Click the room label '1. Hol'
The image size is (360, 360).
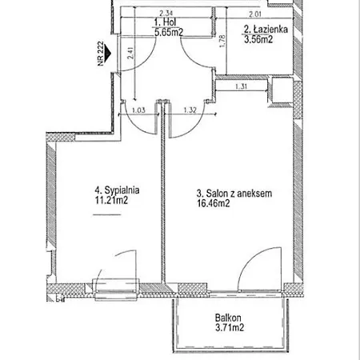pos(166,22)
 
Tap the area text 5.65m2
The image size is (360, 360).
pos(169,32)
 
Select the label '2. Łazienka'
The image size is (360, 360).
pos(266,29)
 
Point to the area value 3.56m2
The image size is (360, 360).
pos(258,39)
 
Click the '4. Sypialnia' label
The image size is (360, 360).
pos(117,190)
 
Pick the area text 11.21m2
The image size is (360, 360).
pos(111,200)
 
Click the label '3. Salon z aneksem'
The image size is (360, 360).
pos(234,194)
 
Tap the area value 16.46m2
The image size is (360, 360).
pos(214,203)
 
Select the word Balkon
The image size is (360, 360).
pos(228,318)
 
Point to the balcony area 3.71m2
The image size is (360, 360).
pos(230,327)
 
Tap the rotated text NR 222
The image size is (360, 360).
pos(100,54)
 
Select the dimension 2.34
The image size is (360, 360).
pos(166,13)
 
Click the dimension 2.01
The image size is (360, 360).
pos(255,14)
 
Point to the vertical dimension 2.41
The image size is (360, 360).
pos(130,53)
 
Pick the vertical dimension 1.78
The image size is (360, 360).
pos(222,42)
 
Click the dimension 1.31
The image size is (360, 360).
pos(241,86)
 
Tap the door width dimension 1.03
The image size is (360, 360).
pos(138,110)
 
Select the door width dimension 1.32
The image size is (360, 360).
pos(190,110)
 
